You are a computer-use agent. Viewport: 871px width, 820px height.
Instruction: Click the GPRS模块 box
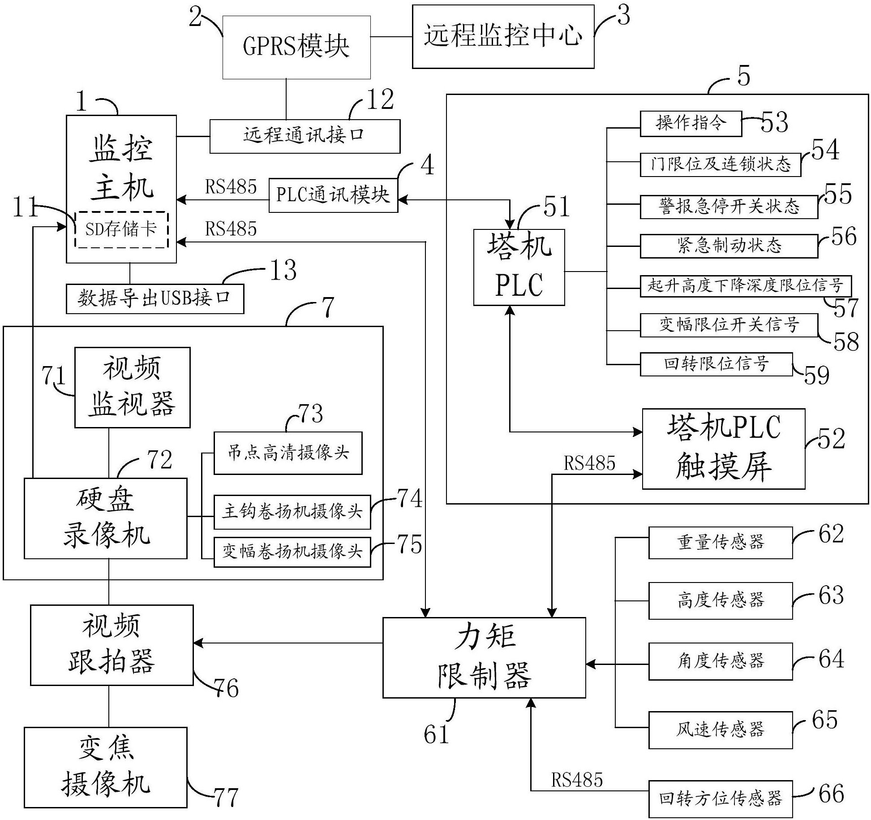296,47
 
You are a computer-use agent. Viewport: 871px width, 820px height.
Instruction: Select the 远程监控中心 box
503,37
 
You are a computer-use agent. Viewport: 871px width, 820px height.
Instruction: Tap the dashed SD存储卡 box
121,230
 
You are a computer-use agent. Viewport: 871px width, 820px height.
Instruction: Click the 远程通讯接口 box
305,136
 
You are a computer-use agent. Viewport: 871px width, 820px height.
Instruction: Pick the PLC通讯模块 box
333,195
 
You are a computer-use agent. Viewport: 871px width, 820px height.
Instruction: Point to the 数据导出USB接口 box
155,298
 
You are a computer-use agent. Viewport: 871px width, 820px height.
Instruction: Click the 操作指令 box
691,124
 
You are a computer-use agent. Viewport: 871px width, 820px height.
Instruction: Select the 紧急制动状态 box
729,246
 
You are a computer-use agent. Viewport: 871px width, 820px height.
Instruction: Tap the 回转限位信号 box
716,364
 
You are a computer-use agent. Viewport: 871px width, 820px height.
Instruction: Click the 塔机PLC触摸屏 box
723,449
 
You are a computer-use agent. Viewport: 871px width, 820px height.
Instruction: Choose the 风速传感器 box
720,730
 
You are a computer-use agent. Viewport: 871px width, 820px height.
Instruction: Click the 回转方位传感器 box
720,799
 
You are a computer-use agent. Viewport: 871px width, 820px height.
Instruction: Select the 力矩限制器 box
484,657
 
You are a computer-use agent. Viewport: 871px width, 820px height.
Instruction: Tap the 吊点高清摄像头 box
287,453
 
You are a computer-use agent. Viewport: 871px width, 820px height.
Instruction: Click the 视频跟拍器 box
112,645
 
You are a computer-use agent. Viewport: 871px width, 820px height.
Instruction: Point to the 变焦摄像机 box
105,768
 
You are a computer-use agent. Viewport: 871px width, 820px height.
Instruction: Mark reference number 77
226,797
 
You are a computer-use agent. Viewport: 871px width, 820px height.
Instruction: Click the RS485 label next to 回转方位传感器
576,780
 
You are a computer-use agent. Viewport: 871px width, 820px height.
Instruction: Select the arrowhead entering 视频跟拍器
198,643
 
